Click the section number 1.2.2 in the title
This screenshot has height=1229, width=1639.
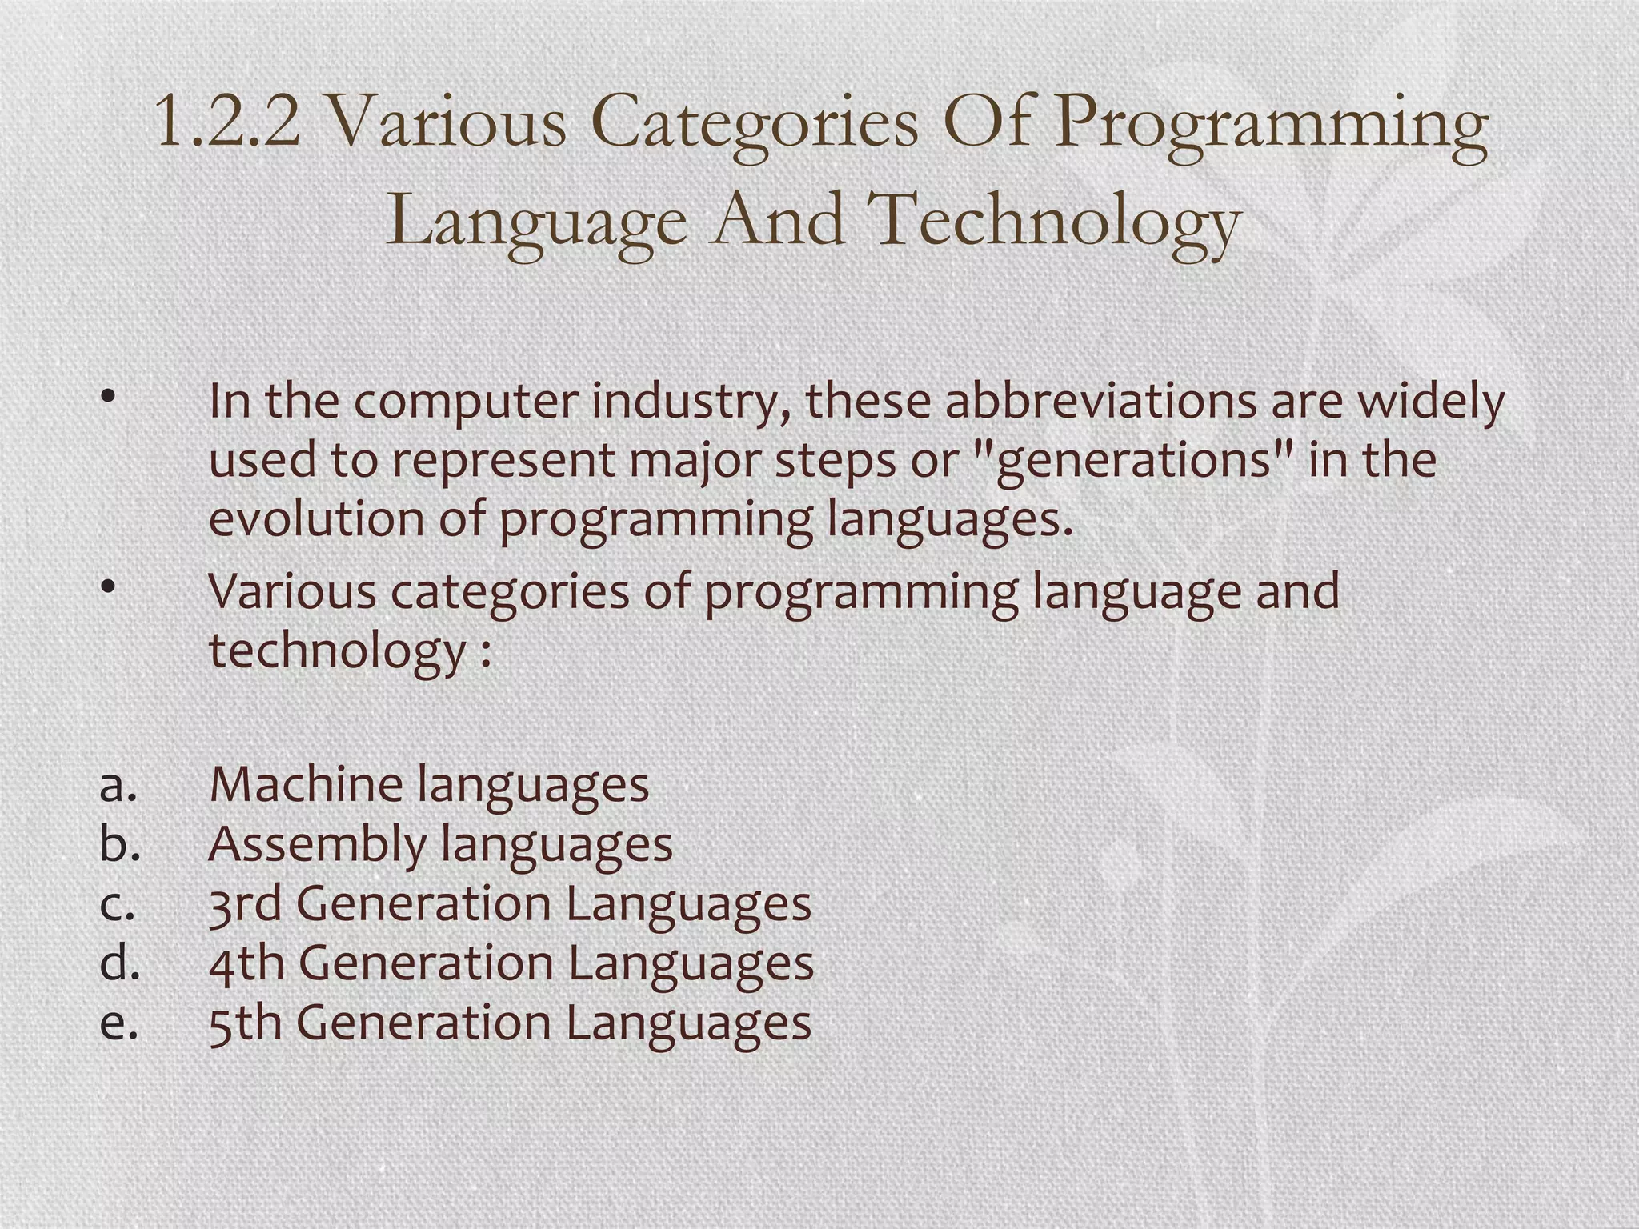point(227,122)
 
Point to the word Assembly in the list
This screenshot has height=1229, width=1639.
point(316,845)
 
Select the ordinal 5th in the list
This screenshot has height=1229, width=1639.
point(245,1023)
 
